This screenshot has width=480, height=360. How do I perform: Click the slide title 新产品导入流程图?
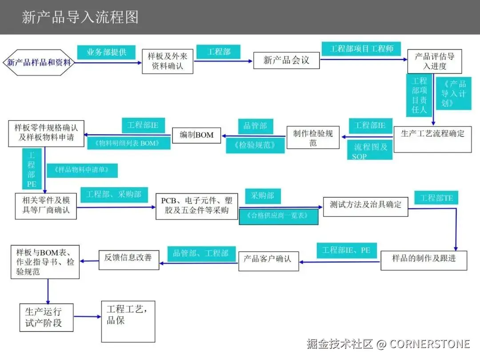coord(80,17)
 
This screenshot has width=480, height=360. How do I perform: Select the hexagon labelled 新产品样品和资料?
coord(39,62)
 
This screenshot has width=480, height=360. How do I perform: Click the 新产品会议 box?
coord(286,60)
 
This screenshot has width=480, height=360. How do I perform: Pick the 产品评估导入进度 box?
coord(434,61)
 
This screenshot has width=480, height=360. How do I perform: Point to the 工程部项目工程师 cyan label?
coord(361,48)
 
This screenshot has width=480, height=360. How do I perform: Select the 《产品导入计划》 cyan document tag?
coord(453,93)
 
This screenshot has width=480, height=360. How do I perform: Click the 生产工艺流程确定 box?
coord(432,134)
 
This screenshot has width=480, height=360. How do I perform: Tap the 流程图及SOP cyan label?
coord(370,151)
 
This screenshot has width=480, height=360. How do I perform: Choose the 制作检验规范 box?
coord(313,137)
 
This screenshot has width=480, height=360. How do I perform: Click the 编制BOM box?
coord(196,135)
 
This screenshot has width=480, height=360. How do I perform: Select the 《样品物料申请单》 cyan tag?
coord(82,170)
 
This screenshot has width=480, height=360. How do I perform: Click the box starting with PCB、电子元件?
coord(196,206)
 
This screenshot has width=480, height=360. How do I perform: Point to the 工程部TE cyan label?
coord(436,198)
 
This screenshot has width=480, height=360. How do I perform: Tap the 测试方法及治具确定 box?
coord(365,205)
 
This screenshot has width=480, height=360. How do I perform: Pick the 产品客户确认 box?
coord(268,258)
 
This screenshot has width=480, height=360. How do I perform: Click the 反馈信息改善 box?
coord(128,257)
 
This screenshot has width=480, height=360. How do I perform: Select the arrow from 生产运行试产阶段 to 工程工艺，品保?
coord(87,316)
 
